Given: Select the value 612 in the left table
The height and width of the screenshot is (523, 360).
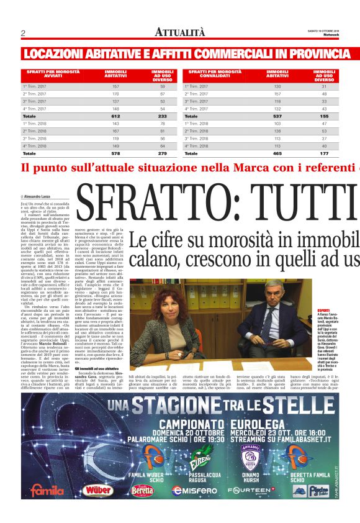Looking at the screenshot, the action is tap(115, 116).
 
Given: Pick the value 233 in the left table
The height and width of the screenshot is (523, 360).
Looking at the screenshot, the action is tap(163, 116).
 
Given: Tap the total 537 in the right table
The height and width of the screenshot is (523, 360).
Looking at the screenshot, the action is tap(277, 116).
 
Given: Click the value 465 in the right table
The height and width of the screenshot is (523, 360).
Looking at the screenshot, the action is tap(277, 153).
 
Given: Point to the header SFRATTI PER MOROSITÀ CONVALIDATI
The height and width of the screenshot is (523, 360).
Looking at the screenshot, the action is tap(215, 75).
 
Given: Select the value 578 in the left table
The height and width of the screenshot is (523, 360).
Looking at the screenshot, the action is tap(115, 153).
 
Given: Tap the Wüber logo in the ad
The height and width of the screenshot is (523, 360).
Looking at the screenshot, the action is tap(99, 490).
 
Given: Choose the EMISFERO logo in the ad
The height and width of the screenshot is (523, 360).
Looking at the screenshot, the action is tap(194, 491).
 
